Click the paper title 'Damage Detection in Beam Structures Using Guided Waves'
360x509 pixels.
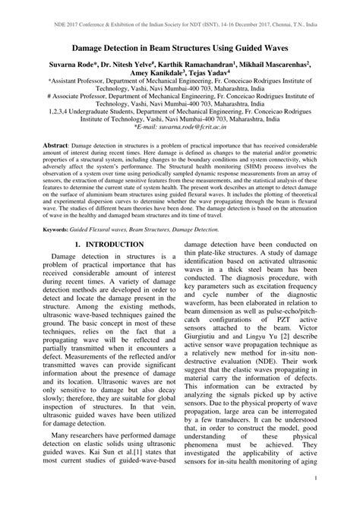click(x=180, y=47)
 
